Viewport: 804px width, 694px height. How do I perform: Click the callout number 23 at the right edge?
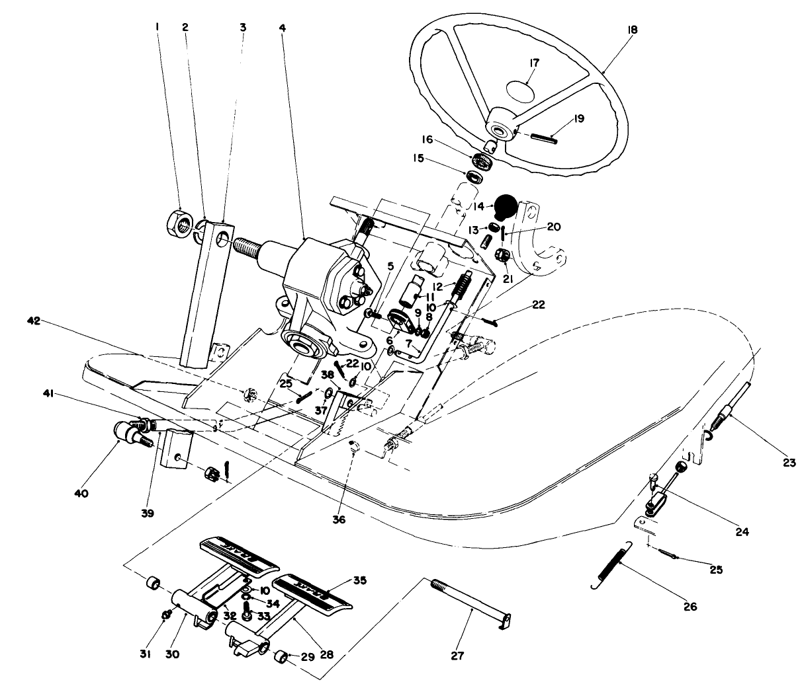788,463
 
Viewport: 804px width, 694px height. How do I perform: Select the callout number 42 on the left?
34,321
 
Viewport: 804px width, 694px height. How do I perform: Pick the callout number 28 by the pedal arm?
326,654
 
